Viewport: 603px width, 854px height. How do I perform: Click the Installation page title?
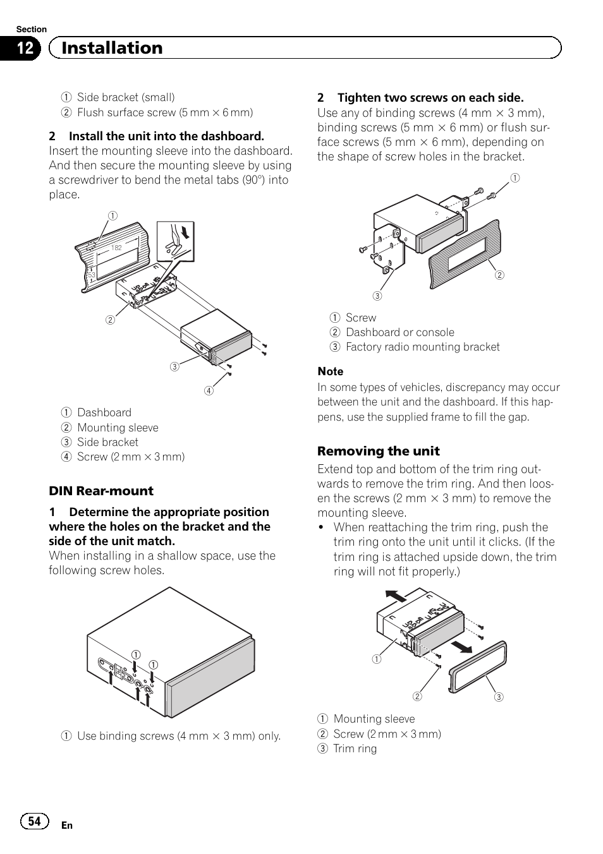point(112,48)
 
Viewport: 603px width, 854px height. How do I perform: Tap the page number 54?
point(34,821)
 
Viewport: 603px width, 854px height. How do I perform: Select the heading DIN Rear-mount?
point(101,491)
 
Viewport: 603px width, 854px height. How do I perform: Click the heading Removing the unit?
point(378,451)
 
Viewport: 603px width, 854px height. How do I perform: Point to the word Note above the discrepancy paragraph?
point(330,371)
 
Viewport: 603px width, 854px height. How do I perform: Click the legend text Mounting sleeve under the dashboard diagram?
point(118,428)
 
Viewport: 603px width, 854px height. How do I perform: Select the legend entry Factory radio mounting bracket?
point(422,347)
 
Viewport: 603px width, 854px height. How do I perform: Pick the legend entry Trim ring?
point(355,749)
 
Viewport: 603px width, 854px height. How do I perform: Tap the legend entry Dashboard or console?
point(399,332)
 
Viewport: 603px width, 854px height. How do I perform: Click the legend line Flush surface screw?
point(164,112)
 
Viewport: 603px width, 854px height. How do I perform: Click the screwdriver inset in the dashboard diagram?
point(175,241)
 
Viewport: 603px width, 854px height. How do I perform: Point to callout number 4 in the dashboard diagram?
point(209,390)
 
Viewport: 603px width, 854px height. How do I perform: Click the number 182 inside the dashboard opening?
point(116,248)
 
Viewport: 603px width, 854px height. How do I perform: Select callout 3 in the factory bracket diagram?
point(377,296)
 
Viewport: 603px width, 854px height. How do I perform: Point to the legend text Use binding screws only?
point(178,736)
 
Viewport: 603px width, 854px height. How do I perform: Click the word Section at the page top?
point(31,29)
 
